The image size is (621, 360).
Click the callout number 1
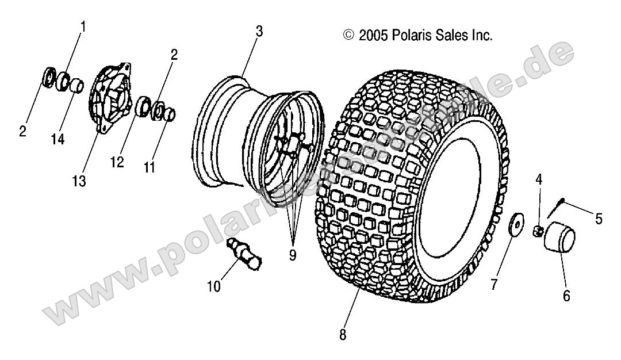point(83,26)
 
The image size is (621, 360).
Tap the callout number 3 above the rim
point(259,32)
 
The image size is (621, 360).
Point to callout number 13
point(79,181)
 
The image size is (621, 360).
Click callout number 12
point(117,163)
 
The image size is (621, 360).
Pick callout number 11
point(149,167)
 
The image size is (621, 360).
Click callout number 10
point(214,286)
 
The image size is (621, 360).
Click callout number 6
point(566,297)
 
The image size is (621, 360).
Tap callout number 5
point(599,219)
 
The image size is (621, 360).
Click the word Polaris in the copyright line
point(412,36)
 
